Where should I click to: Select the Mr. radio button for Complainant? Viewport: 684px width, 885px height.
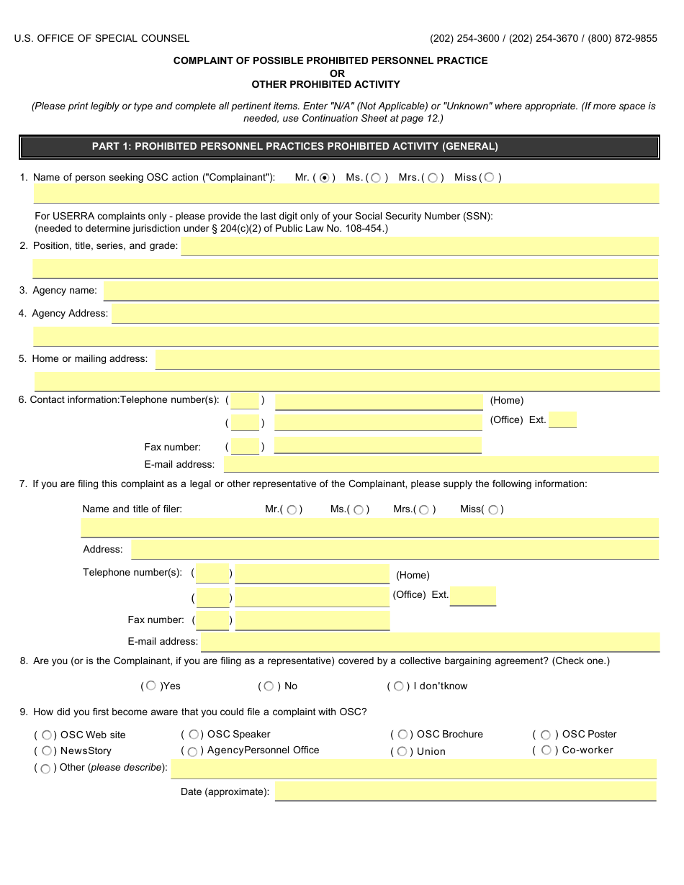[324, 178]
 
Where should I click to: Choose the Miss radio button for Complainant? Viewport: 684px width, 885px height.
[490, 178]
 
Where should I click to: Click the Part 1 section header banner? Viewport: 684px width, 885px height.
[339, 147]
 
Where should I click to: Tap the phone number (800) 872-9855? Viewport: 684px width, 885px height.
[622, 39]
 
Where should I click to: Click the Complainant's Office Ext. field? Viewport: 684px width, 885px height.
[562, 420]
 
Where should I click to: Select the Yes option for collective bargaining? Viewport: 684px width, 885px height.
[150, 686]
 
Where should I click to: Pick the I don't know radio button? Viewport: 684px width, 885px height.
[398, 686]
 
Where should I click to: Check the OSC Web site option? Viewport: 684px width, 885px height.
[46, 735]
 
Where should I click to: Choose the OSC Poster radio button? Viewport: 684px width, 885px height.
[546, 735]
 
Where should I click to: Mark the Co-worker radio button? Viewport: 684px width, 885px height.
[546, 750]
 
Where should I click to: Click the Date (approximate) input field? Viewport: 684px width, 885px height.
[465, 791]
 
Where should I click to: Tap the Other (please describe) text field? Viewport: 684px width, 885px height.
[413, 768]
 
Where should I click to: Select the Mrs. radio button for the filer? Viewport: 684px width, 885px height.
[423, 510]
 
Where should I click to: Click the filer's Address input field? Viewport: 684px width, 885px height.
[395, 550]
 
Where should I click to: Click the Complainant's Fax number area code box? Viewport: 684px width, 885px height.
[245, 447]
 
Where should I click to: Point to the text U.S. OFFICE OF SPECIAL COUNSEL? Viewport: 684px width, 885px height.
[102, 39]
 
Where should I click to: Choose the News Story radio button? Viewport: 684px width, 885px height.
[46, 751]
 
